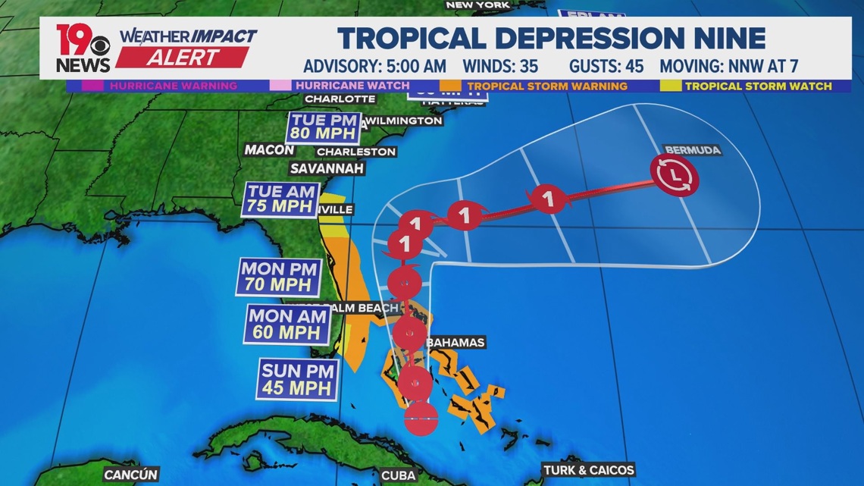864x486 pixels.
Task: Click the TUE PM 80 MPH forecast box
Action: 323,127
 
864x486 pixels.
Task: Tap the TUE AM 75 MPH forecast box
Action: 280,199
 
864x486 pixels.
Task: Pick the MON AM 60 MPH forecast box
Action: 285,324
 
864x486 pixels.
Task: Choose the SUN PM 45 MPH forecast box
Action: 297,380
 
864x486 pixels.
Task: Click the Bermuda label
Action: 691,150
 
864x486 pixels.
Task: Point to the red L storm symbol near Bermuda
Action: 675,176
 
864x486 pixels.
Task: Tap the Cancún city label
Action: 130,475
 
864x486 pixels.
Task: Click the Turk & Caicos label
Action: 588,470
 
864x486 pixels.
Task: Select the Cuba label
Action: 398,475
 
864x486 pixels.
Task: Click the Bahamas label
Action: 455,343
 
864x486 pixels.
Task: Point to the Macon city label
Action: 269,150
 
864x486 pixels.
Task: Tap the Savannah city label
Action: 328,168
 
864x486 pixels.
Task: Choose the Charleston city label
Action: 355,152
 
